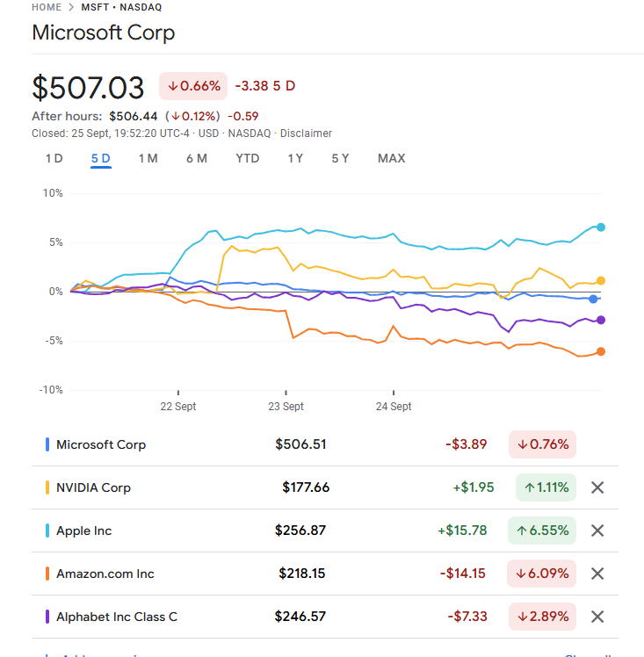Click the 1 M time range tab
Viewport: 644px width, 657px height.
(148, 158)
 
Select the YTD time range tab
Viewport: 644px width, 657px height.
(247, 158)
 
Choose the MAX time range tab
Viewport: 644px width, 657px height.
(391, 158)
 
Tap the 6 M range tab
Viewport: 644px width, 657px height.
(197, 158)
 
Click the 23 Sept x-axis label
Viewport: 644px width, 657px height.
(286, 407)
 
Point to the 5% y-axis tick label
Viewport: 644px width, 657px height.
(54, 242)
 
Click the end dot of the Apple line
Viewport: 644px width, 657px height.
(601, 227)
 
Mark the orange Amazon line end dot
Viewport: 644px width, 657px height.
(601, 351)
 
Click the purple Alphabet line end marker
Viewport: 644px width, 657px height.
(601, 320)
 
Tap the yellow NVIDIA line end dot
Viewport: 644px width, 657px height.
(601, 281)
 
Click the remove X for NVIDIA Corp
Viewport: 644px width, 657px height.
(597, 487)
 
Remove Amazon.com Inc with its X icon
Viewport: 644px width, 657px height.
(597, 574)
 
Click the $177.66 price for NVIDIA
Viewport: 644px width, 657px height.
(306, 487)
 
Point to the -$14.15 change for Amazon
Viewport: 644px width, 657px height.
(463, 574)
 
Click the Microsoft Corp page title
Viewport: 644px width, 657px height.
(103, 33)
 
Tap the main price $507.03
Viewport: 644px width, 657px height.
(88, 88)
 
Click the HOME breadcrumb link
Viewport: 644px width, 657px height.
(47, 7)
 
